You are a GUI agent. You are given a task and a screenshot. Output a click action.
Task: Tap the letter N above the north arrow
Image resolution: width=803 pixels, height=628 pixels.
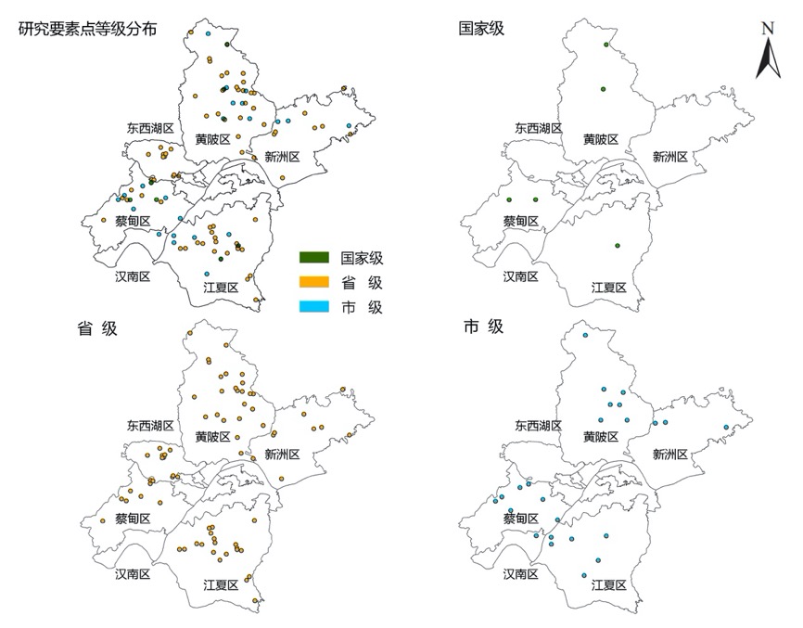(x=768, y=28)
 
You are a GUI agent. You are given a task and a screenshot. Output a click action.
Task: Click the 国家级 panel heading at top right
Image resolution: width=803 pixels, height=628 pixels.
(x=482, y=29)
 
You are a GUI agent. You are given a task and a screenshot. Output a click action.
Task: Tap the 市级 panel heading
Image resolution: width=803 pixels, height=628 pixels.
(x=482, y=327)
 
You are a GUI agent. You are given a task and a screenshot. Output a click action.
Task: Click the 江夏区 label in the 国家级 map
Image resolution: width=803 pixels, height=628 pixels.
(x=609, y=288)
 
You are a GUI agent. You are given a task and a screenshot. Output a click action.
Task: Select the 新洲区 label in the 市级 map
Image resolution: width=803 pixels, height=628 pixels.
(x=669, y=454)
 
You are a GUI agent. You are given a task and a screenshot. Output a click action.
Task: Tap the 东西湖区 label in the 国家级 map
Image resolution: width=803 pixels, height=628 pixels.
(x=539, y=129)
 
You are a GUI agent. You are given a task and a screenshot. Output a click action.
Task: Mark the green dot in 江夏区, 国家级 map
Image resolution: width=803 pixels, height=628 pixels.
(x=616, y=245)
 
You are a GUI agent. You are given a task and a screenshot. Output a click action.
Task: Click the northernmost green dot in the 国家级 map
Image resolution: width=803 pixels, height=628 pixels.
(x=605, y=45)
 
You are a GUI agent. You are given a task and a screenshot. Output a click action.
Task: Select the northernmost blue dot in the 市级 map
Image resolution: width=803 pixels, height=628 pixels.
(x=585, y=335)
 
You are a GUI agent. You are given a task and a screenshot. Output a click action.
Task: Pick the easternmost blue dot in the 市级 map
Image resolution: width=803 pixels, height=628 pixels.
(x=725, y=428)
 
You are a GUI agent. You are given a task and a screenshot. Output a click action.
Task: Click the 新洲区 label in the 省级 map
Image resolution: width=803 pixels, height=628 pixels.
(x=282, y=454)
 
